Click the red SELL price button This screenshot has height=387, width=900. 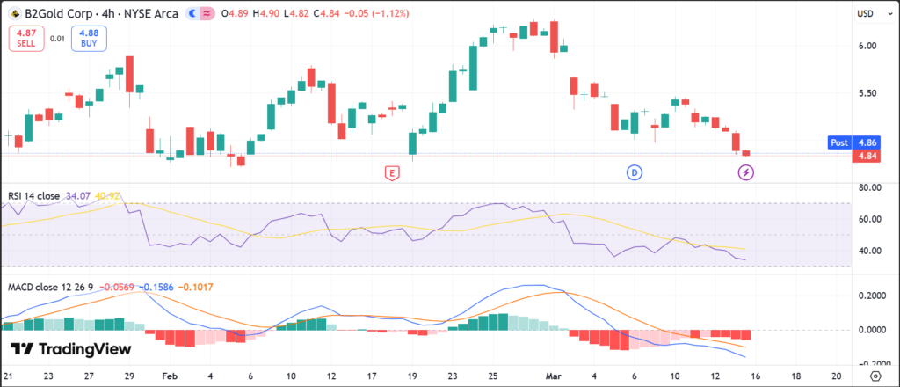[25, 38]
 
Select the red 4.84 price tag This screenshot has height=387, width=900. [866, 156]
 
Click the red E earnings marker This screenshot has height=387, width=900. [392, 172]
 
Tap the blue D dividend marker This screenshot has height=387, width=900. [635, 172]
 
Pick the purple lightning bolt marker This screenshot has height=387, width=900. [746, 172]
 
